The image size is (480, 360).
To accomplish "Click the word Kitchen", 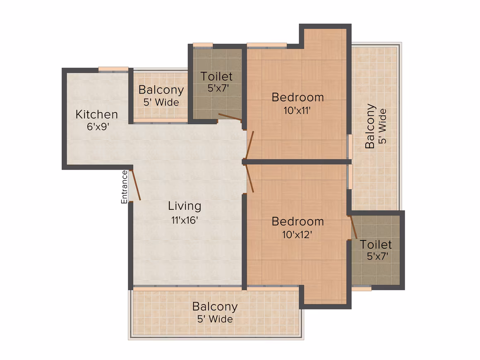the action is (x=97, y=115).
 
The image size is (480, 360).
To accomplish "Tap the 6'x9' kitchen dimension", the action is (x=98, y=127).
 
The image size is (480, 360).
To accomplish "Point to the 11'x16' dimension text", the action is (x=185, y=220).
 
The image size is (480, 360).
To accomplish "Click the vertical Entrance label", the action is (x=124, y=187).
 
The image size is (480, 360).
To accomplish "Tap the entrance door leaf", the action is (x=135, y=185).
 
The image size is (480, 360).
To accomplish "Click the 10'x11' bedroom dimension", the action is (x=297, y=110).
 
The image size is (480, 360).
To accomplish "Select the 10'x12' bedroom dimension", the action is (x=297, y=235).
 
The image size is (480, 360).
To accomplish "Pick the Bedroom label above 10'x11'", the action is (x=298, y=97).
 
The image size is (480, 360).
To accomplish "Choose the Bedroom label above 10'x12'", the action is (x=298, y=222).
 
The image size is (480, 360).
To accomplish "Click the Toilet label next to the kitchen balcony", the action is (x=216, y=77).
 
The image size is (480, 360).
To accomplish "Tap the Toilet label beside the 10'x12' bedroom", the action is (x=376, y=245).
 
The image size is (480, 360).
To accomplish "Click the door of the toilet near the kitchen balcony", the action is (x=230, y=117).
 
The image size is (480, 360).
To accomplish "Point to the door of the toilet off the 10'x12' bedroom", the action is (x=353, y=227).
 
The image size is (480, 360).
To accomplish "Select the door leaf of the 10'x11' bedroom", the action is (x=250, y=145).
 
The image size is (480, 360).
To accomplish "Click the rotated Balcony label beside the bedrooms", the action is (x=370, y=126).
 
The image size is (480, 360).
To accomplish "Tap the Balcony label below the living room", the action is (x=215, y=307).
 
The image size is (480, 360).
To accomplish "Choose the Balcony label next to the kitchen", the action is (x=161, y=90).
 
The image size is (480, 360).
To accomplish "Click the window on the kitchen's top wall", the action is (x=113, y=70).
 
